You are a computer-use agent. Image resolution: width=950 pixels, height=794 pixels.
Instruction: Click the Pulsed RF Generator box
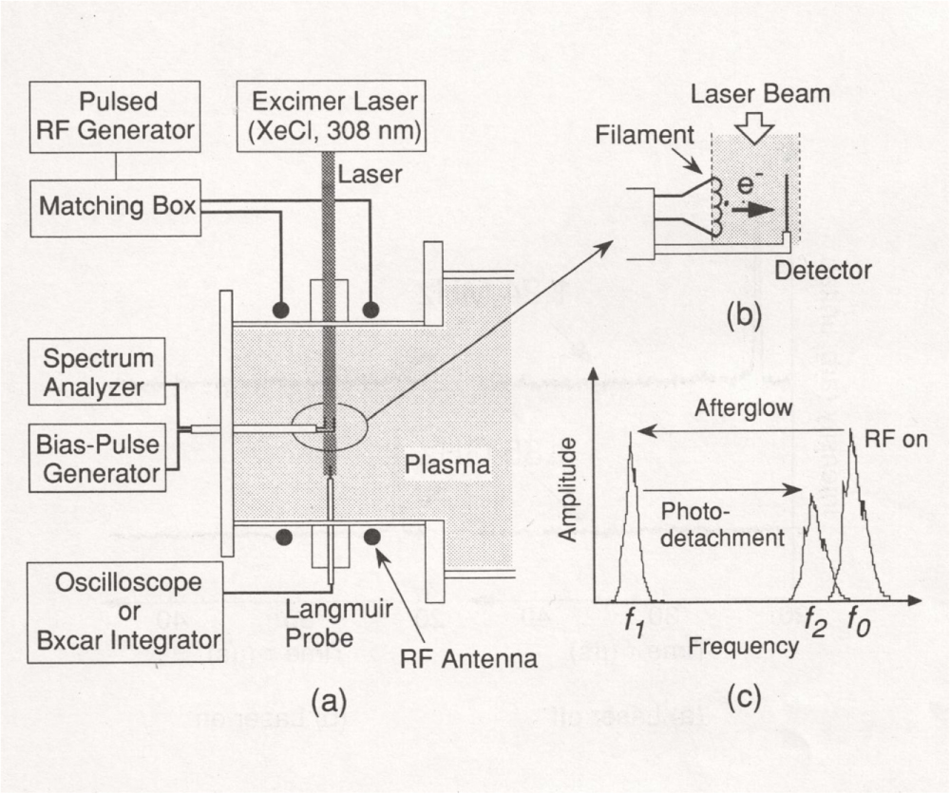[115, 117]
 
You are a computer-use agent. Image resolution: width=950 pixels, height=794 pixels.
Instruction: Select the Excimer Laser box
[330, 116]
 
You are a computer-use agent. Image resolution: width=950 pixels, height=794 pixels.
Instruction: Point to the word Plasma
[446, 465]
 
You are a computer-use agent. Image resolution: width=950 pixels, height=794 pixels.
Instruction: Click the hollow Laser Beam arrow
[759, 131]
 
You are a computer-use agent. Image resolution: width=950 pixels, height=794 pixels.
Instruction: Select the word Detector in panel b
[822, 272]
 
